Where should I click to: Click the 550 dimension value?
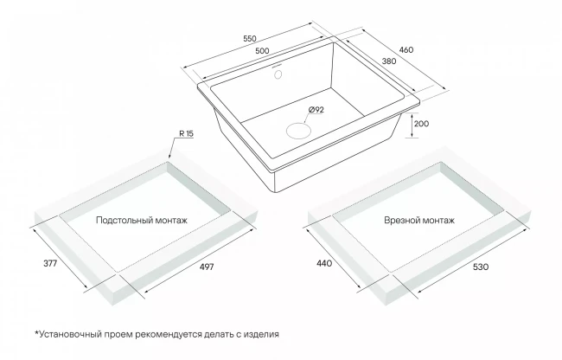click(x=250, y=39)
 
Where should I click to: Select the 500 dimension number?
click(x=262, y=51)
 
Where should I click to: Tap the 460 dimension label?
click(x=406, y=50)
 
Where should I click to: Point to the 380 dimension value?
click(x=389, y=61)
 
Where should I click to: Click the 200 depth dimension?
click(x=421, y=124)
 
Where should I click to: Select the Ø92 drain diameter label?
click(x=316, y=110)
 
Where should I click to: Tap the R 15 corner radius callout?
click(x=186, y=134)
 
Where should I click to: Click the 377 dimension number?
click(x=50, y=264)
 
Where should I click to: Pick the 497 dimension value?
click(x=207, y=267)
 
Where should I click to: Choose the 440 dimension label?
click(x=324, y=264)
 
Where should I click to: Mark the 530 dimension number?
click(x=481, y=267)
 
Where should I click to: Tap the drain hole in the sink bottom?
click(x=298, y=130)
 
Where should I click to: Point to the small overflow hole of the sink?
click(x=278, y=74)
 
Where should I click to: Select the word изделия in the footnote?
click(x=261, y=335)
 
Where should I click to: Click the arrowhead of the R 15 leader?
click(x=169, y=156)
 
